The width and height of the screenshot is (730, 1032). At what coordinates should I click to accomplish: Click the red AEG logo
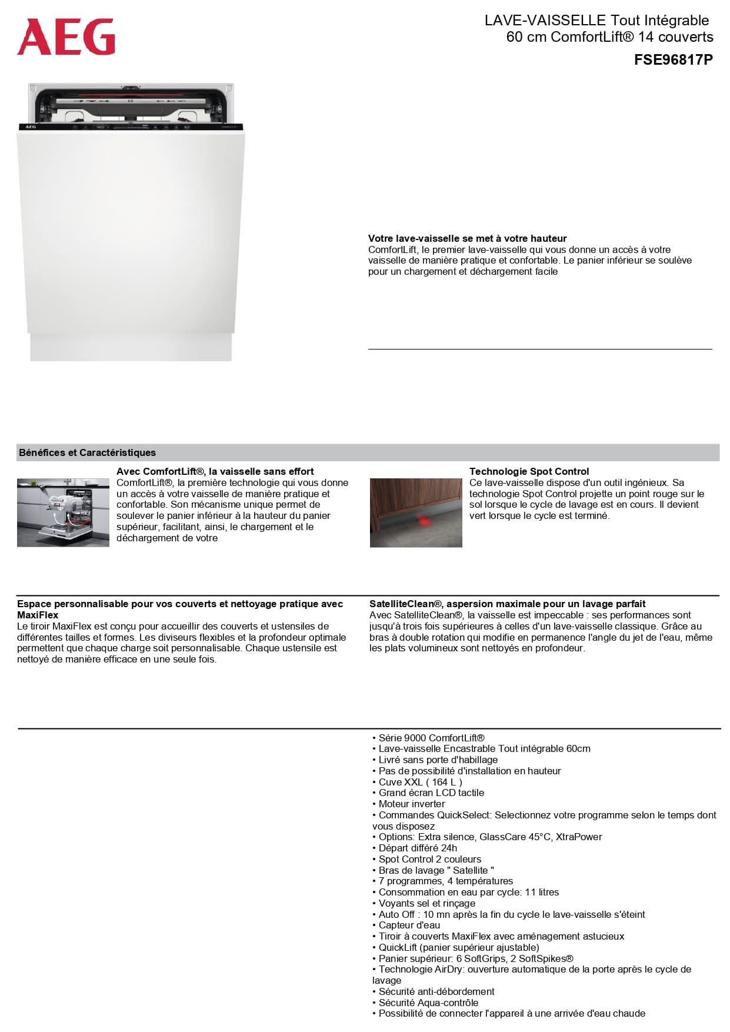point(66,36)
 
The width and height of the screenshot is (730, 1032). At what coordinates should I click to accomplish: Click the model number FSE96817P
point(673,59)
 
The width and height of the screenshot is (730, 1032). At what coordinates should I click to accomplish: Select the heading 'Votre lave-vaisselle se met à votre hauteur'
point(467,238)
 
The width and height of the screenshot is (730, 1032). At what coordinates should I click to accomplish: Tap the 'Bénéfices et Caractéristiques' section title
point(87,452)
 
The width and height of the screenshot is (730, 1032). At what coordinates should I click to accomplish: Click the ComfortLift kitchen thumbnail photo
point(63,512)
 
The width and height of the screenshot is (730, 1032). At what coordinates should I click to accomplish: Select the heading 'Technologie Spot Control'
point(529,471)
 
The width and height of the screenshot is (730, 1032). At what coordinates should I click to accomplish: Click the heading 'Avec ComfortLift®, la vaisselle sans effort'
point(215,471)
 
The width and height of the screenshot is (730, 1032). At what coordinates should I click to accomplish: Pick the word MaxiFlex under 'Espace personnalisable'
point(38,615)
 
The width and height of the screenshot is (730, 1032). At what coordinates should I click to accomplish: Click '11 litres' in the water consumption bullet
point(541,892)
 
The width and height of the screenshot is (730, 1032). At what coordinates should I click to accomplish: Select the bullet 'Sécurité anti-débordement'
point(436,991)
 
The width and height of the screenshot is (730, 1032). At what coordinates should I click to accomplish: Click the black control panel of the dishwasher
point(131,126)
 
